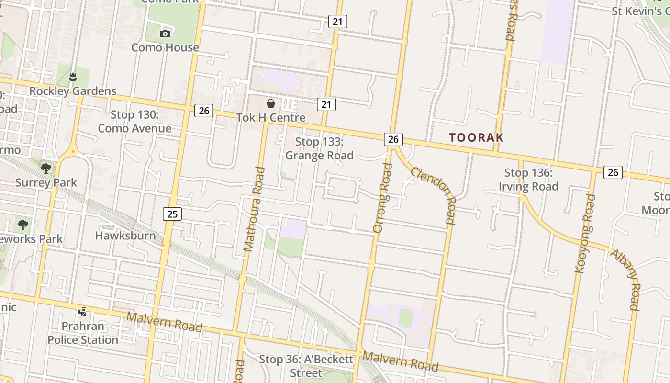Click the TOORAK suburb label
point(476,137)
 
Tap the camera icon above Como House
point(165,34)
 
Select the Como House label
point(165,47)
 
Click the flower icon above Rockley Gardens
point(73,77)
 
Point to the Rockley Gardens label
point(73,91)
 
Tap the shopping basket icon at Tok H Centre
point(271,103)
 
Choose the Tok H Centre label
point(271,117)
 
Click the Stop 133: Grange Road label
point(319,148)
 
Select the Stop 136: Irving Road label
point(528,180)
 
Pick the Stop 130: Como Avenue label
point(134,122)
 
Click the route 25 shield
point(172,214)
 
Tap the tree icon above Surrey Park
point(46,168)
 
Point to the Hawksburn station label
point(125,236)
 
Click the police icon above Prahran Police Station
point(83,312)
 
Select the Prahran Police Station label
point(83,333)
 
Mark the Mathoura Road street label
point(254,209)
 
